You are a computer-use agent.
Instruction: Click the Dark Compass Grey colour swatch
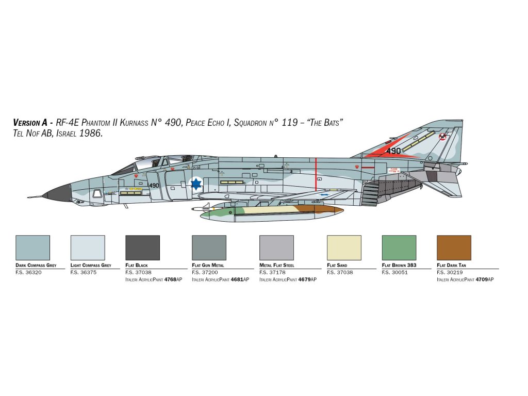pos(33,247)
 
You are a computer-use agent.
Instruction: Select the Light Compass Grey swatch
pos(88,247)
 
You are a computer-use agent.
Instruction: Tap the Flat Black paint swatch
pos(143,247)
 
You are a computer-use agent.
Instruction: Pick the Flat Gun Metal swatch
pos(209,247)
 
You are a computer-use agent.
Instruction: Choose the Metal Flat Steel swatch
pos(276,247)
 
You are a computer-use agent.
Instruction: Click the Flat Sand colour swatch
pos(344,247)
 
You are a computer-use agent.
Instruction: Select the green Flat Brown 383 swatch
pos(399,247)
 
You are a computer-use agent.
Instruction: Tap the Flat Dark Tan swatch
pos(454,247)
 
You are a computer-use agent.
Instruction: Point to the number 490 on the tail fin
pos(393,151)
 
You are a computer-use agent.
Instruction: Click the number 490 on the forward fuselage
pos(154,186)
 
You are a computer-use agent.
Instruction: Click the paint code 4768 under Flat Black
pos(170,279)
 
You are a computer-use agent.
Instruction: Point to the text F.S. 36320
pos(28,272)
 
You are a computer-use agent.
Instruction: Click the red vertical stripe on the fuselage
pos(316,175)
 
